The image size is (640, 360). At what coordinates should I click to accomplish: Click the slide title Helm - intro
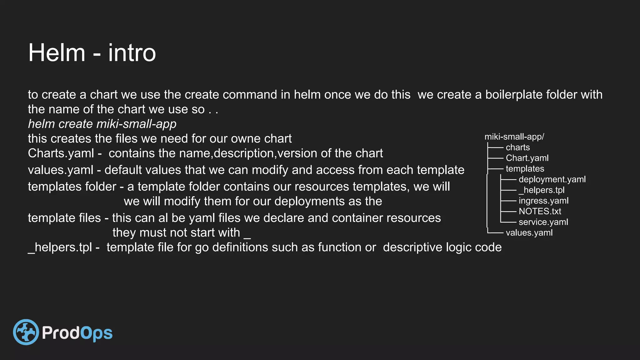point(92,52)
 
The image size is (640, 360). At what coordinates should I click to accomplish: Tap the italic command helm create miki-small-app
point(102,124)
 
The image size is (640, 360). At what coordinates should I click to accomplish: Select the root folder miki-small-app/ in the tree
point(514,137)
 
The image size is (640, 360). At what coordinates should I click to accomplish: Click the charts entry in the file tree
point(517,147)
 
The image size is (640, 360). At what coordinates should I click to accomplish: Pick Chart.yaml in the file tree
point(527,158)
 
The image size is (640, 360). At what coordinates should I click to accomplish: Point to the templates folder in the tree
point(525,169)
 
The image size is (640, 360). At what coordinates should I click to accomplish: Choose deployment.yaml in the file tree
point(552,179)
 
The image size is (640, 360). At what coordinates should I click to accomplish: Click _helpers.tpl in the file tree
point(542,190)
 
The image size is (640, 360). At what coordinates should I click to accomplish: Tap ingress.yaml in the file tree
point(543,201)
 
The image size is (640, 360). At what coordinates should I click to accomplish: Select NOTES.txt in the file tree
point(540,211)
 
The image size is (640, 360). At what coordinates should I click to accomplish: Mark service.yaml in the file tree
point(543,222)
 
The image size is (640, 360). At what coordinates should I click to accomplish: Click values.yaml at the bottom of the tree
point(529,233)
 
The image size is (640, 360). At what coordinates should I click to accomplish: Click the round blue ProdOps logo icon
point(26,332)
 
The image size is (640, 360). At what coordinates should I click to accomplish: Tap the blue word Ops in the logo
point(97,333)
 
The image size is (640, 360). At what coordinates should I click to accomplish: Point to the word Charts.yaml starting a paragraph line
point(61,153)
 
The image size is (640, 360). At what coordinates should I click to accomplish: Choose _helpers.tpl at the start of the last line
point(60,247)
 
